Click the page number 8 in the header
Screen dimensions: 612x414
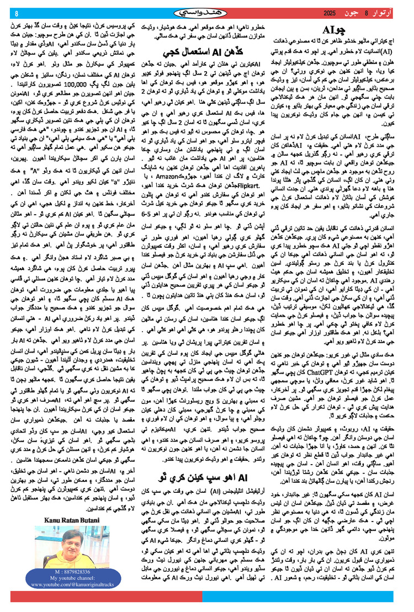pos(17,13)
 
